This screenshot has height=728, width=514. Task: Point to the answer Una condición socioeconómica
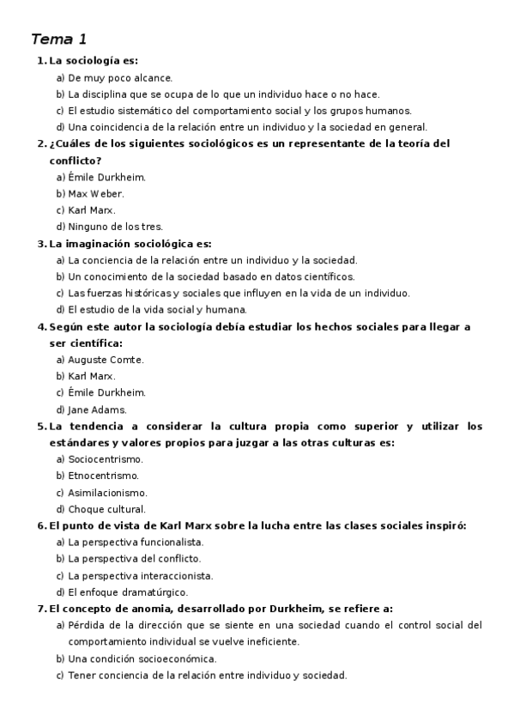point(142,658)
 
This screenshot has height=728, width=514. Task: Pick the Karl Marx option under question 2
point(91,210)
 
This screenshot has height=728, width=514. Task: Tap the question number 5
point(41,426)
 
